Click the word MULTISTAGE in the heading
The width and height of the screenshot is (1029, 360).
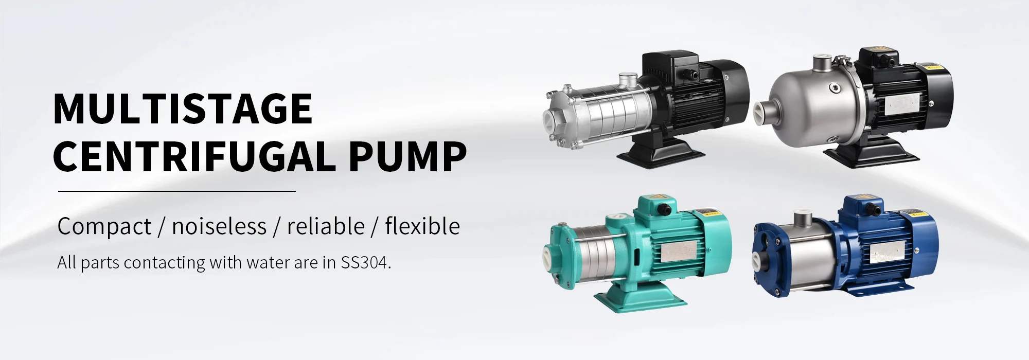(183, 109)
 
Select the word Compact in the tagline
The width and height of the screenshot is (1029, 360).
(104, 226)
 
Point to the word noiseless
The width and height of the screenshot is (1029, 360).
(219, 226)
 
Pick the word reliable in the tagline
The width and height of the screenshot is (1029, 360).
(326, 226)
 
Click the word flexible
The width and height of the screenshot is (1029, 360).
(422, 226)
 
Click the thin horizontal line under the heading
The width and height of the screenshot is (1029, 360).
(177, 191)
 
